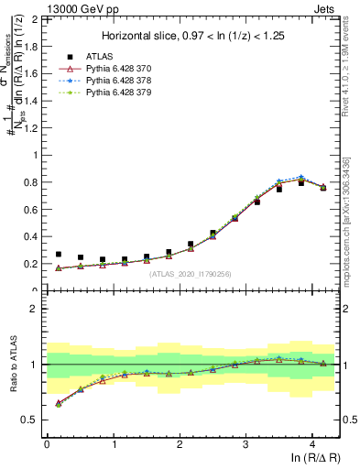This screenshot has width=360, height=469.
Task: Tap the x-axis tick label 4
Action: click(312, 443)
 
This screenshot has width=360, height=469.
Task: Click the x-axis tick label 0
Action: click(47, 443)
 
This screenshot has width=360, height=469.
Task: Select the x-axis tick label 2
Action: click(180, 443)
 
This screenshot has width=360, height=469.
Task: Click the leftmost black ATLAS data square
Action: click(59, 255)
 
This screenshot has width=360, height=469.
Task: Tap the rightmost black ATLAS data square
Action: click(323, 187)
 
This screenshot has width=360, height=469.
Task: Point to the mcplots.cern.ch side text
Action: click(349, 220)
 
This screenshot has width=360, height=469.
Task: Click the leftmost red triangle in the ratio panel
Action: click(59, 402)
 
